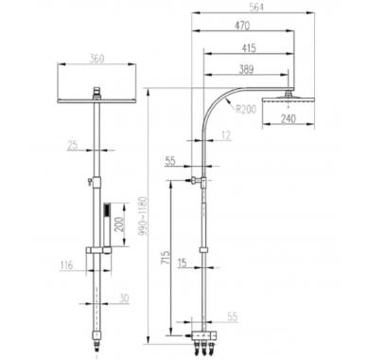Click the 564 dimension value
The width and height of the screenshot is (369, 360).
click(x=256, y=8)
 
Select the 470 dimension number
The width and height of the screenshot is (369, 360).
click(x=242, y=26)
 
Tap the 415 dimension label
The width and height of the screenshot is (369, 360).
click(x=249, y=48)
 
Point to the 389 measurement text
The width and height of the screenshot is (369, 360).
click(x=246, y=69)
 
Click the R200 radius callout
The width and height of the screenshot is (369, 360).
click(x=246, y=109)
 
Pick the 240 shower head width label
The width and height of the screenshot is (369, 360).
click(x=289, y=118)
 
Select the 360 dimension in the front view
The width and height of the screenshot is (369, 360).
click(x=97, y=59)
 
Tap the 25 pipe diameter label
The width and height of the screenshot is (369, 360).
click(x=73, y=146)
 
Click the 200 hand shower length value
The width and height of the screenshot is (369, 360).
click(x=119, y=224)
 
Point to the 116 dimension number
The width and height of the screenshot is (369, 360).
click(x=66, y=265)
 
